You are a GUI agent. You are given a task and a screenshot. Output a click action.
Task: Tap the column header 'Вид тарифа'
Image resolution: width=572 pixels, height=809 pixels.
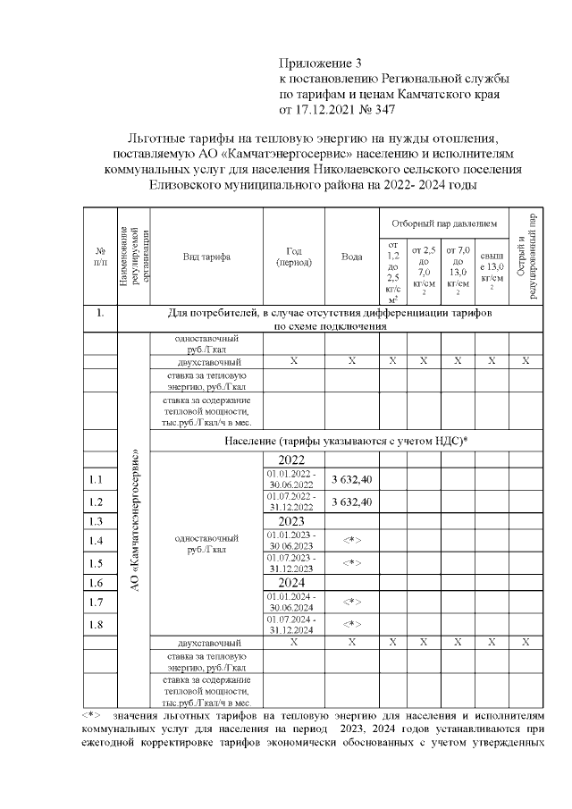(x=206, y=257)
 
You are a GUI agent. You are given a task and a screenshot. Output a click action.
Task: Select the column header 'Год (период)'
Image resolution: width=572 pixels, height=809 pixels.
(x=292, y=257)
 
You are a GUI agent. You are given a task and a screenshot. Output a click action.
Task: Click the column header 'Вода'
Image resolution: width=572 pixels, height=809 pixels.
(x=352, y=257)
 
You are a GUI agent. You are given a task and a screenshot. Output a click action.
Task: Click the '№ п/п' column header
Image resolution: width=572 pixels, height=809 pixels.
(x=100, y=257)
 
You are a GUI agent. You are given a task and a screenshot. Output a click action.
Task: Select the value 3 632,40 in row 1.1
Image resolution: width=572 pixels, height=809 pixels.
(x=352, y=480)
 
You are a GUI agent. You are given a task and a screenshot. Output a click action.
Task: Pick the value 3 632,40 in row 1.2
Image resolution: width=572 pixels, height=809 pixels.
(x=352, y=501)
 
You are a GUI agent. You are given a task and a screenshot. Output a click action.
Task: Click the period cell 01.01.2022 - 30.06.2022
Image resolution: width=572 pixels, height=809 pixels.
(x=292, y=480)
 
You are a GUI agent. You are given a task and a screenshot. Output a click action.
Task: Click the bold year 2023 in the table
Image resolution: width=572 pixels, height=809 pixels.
(x=292, y=520)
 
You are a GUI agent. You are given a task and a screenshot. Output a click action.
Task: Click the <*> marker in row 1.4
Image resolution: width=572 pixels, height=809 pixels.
(x=352, y=541)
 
